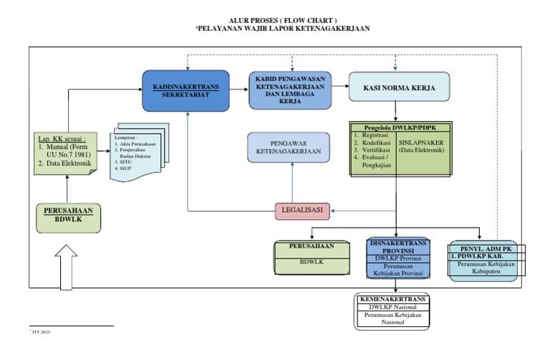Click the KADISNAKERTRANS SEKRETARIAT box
pos(185,91)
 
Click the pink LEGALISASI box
pos(301,210)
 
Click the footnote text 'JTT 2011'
pos(40,333)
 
